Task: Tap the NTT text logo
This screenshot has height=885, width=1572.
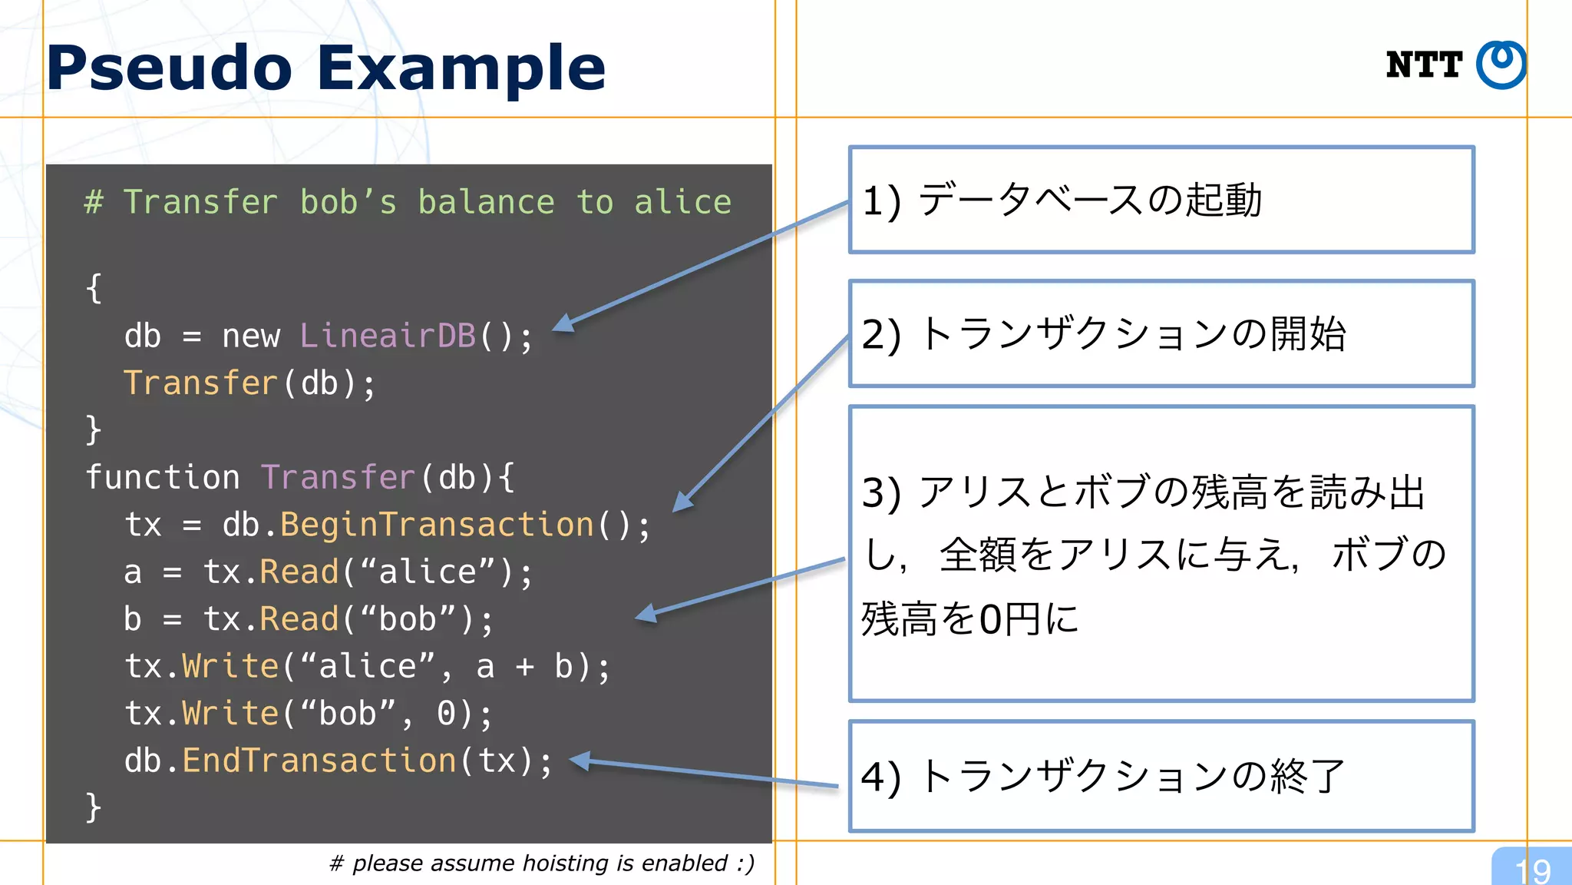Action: [1424, 65]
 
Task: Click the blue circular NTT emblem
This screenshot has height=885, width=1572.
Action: [1501, 65]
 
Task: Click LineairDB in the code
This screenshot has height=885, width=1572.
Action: [388, 336]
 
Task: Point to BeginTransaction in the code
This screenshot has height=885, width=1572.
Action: [437, 525]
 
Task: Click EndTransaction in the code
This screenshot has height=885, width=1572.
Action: [319, 761]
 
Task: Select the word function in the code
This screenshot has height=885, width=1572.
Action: [162, 478]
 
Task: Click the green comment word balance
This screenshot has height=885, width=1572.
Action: [486, 203]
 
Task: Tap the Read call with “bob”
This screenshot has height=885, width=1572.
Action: [299, 620]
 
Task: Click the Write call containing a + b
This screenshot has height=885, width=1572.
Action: [230, 667]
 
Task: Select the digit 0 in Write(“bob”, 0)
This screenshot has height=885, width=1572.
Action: [447, 714]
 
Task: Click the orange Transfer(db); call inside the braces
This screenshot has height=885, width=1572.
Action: [201, 383]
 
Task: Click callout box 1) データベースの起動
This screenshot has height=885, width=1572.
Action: [1161, 200]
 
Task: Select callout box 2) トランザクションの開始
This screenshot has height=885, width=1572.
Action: [1161, 334]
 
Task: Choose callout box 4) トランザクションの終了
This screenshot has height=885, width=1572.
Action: [1161, 776]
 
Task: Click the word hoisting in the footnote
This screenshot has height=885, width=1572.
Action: [565, 863]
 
